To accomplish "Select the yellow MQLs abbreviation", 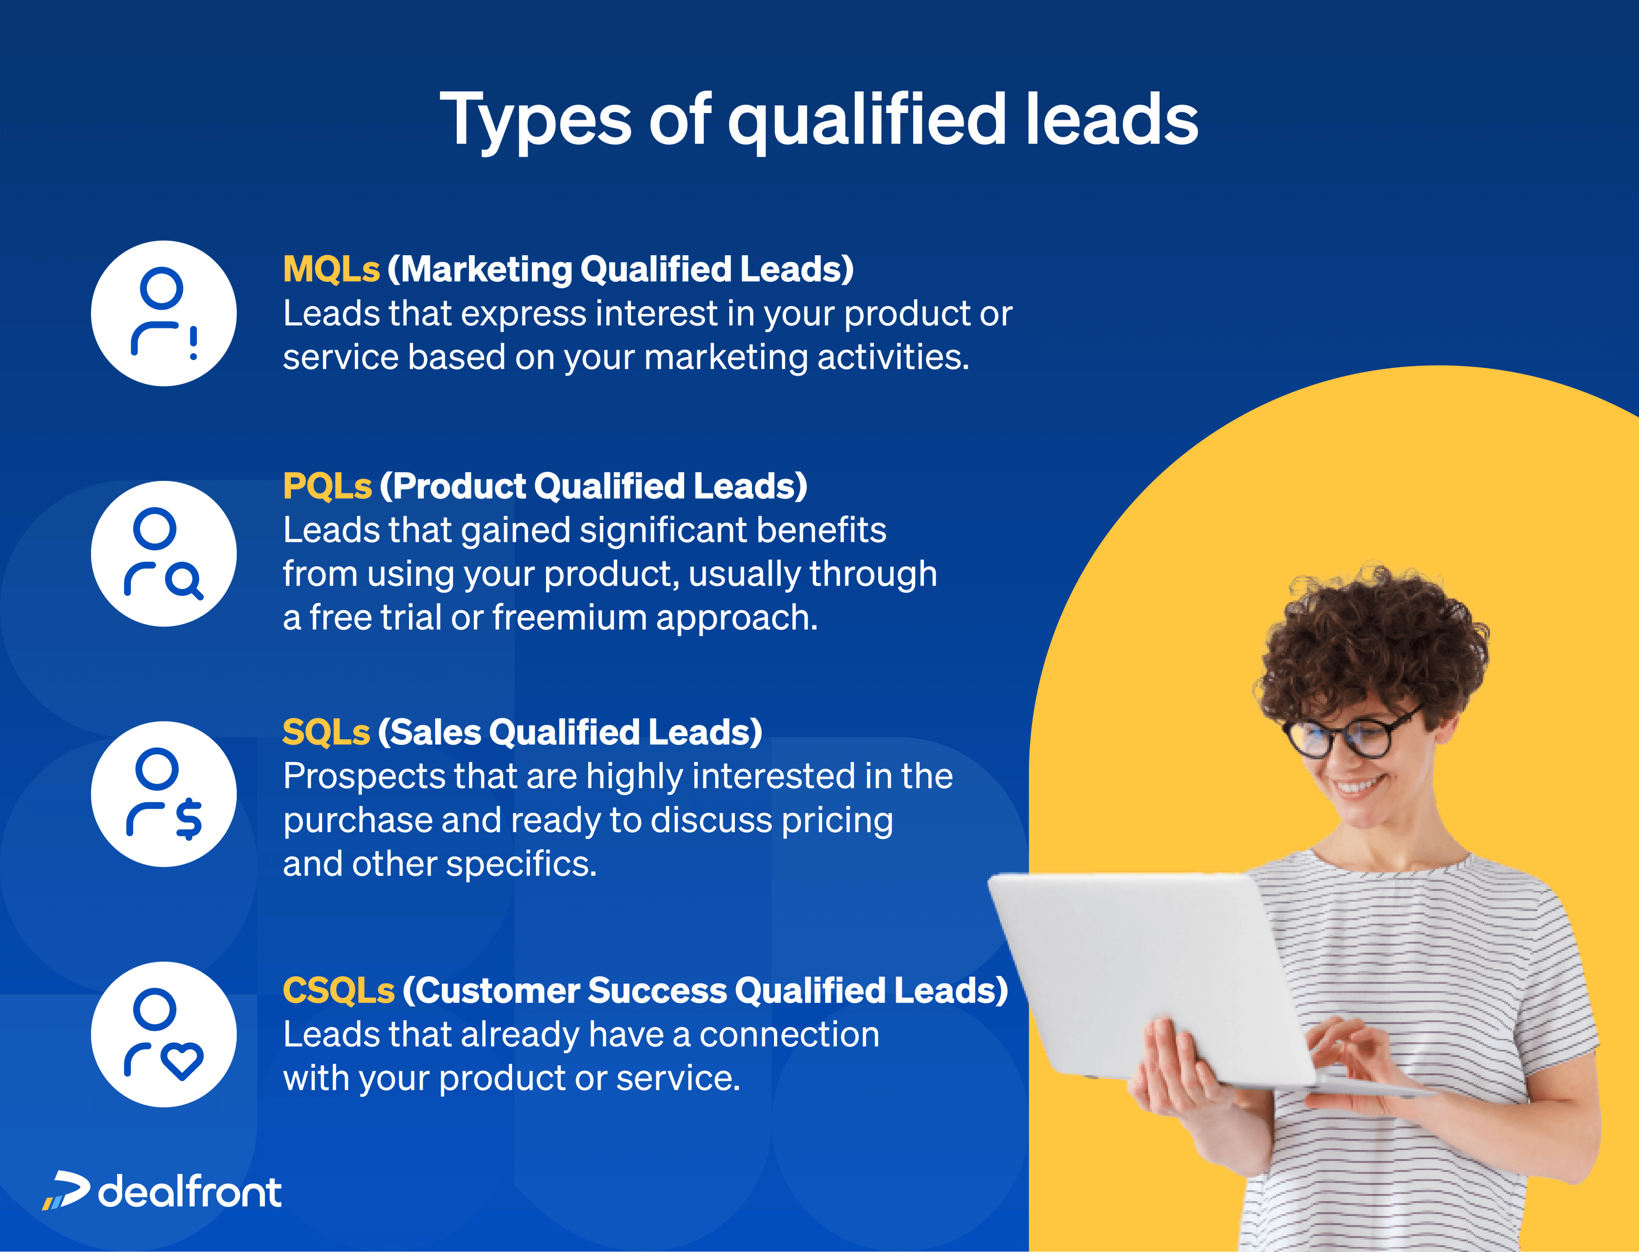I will pyautogui.click(x=331, y=269).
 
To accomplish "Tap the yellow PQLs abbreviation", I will pyautogui.click(x=327, y=486).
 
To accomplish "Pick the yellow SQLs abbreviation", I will pyautogui.click(x=326, y=732).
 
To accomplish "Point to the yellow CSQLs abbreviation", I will pyautogui.click(x=339, y=991).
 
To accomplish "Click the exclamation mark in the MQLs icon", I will pyautogui.click(x=194, y=343).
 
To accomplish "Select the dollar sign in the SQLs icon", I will pyautogui.click(x=189, y=818).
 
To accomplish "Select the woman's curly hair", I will pyautogui.click(x=1371, y=641).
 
